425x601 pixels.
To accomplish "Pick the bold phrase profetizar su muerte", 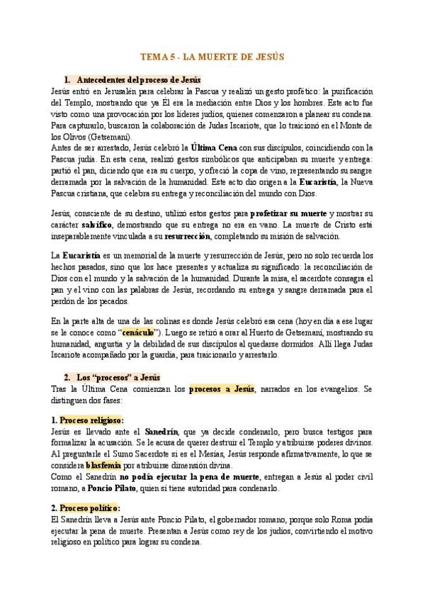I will [288, 213].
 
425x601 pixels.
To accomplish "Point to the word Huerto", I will [287, 332].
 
